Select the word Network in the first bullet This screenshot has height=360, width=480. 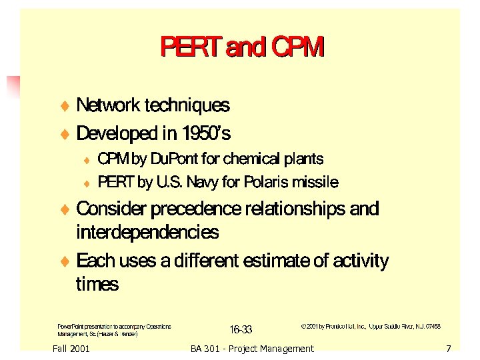108,105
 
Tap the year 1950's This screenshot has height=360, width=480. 205,134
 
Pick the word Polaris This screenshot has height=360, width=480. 263,183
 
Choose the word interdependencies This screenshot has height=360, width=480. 147,233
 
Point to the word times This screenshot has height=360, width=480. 97,285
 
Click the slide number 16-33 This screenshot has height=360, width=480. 241,329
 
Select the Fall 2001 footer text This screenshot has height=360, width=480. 70,349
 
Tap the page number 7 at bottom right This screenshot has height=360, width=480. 449,349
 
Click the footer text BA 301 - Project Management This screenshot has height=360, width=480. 251,349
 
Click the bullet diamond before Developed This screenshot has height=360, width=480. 65,135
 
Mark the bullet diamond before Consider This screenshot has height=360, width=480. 65,210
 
